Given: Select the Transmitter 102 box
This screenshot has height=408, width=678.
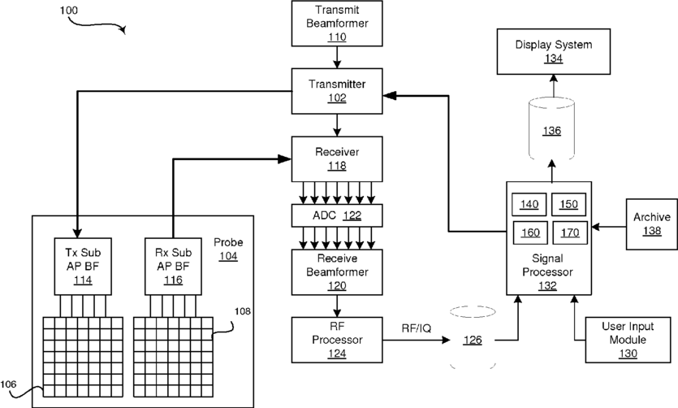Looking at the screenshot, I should (x=337, y=89).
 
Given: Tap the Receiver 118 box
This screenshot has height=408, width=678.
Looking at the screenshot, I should (x=337, y=158).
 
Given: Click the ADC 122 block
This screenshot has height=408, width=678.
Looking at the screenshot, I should (x=337, y=215).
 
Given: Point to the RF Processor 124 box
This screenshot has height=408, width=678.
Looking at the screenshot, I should (x=337, y=338).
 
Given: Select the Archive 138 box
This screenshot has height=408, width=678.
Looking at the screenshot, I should (x=650, y=224).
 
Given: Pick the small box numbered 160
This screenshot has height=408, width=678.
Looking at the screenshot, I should (x=529, y=232).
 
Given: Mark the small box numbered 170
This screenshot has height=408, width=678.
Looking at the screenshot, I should (x=569, y=232).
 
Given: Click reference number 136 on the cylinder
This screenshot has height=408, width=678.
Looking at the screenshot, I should (x=552, y=130).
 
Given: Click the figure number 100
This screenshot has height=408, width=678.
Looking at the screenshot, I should (x=70, y=11).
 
